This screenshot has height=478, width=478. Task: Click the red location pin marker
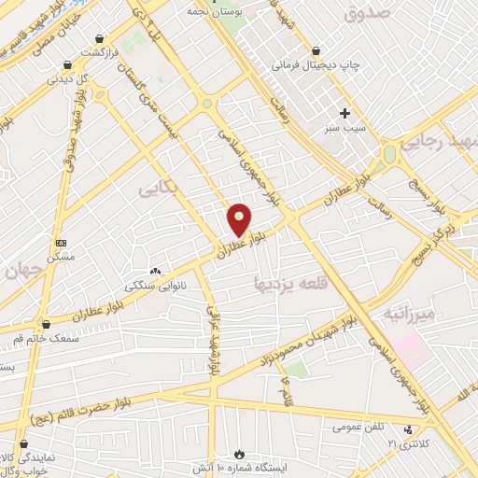pyautogui.click(x=240, y=218)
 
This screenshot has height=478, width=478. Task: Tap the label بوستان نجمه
pyautogui.click(x=254, y=11)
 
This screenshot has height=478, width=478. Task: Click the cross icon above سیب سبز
pyautogui.click(x=344, y=112)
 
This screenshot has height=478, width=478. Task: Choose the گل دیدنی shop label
pyautogui.click(x=68, y=79)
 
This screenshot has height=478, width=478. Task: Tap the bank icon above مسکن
pyautogui.click(x=62, y=242)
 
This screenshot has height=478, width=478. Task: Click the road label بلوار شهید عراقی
pyautogui.click(x=214, y=340)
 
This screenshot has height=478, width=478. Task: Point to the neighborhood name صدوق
pyautogui.click(x=365, y=13)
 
